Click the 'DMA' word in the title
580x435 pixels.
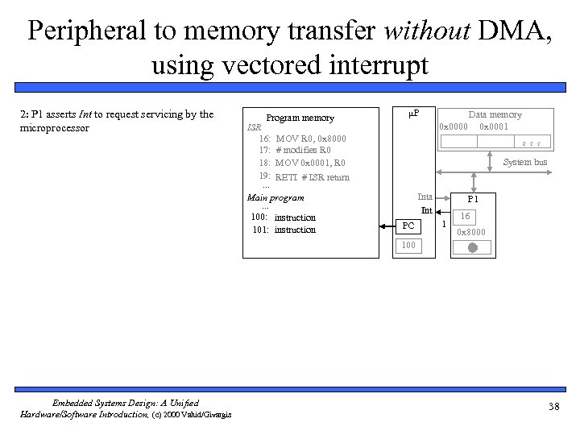(x=507, y=30)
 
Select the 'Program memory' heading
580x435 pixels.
(x=300, y=118)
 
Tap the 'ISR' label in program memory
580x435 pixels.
(x=254, y=127)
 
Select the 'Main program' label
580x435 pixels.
(x=275, y=197)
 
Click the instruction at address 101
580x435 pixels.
(x=284, y=230)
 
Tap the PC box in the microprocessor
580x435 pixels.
(x=409, y=226)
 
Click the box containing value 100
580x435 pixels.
(x=409, y=245)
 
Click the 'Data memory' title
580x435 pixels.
(x=495, y=114)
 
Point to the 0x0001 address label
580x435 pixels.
(x=494, y=126)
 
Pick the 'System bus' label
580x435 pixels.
(x=524, y=162)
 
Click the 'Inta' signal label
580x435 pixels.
(x=425, y=197)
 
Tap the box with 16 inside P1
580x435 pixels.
(x=466, y=217)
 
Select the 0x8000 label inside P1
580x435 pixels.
(x=471, y=232)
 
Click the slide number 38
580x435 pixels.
(x=553, y=406)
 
